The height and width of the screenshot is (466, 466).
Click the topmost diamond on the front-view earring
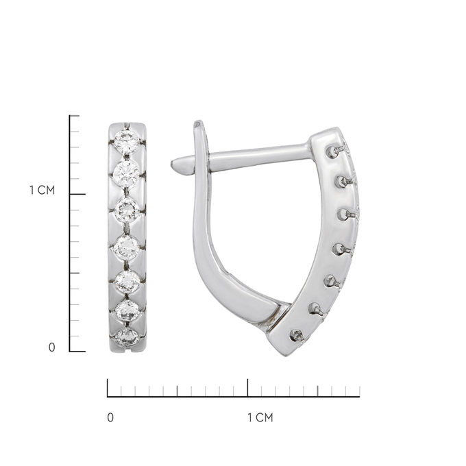(x=127, y=142)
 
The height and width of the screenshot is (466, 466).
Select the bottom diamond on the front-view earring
(x=127, y=337)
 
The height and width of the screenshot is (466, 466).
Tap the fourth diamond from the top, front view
(x=126, y=247)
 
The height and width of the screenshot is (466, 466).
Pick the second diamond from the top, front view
(x=126, y=173)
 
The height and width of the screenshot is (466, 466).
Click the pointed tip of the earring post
(x=172, y=164)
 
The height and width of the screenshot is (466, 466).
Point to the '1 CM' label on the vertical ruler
(x=42, y=191)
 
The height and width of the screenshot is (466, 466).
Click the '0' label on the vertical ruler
(x=51, y=347)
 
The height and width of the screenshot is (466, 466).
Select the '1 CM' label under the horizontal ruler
(x=260, y=418)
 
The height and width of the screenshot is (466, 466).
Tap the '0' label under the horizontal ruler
(x=110, y=418)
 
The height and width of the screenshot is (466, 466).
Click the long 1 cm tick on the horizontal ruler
(x=247, y=388)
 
